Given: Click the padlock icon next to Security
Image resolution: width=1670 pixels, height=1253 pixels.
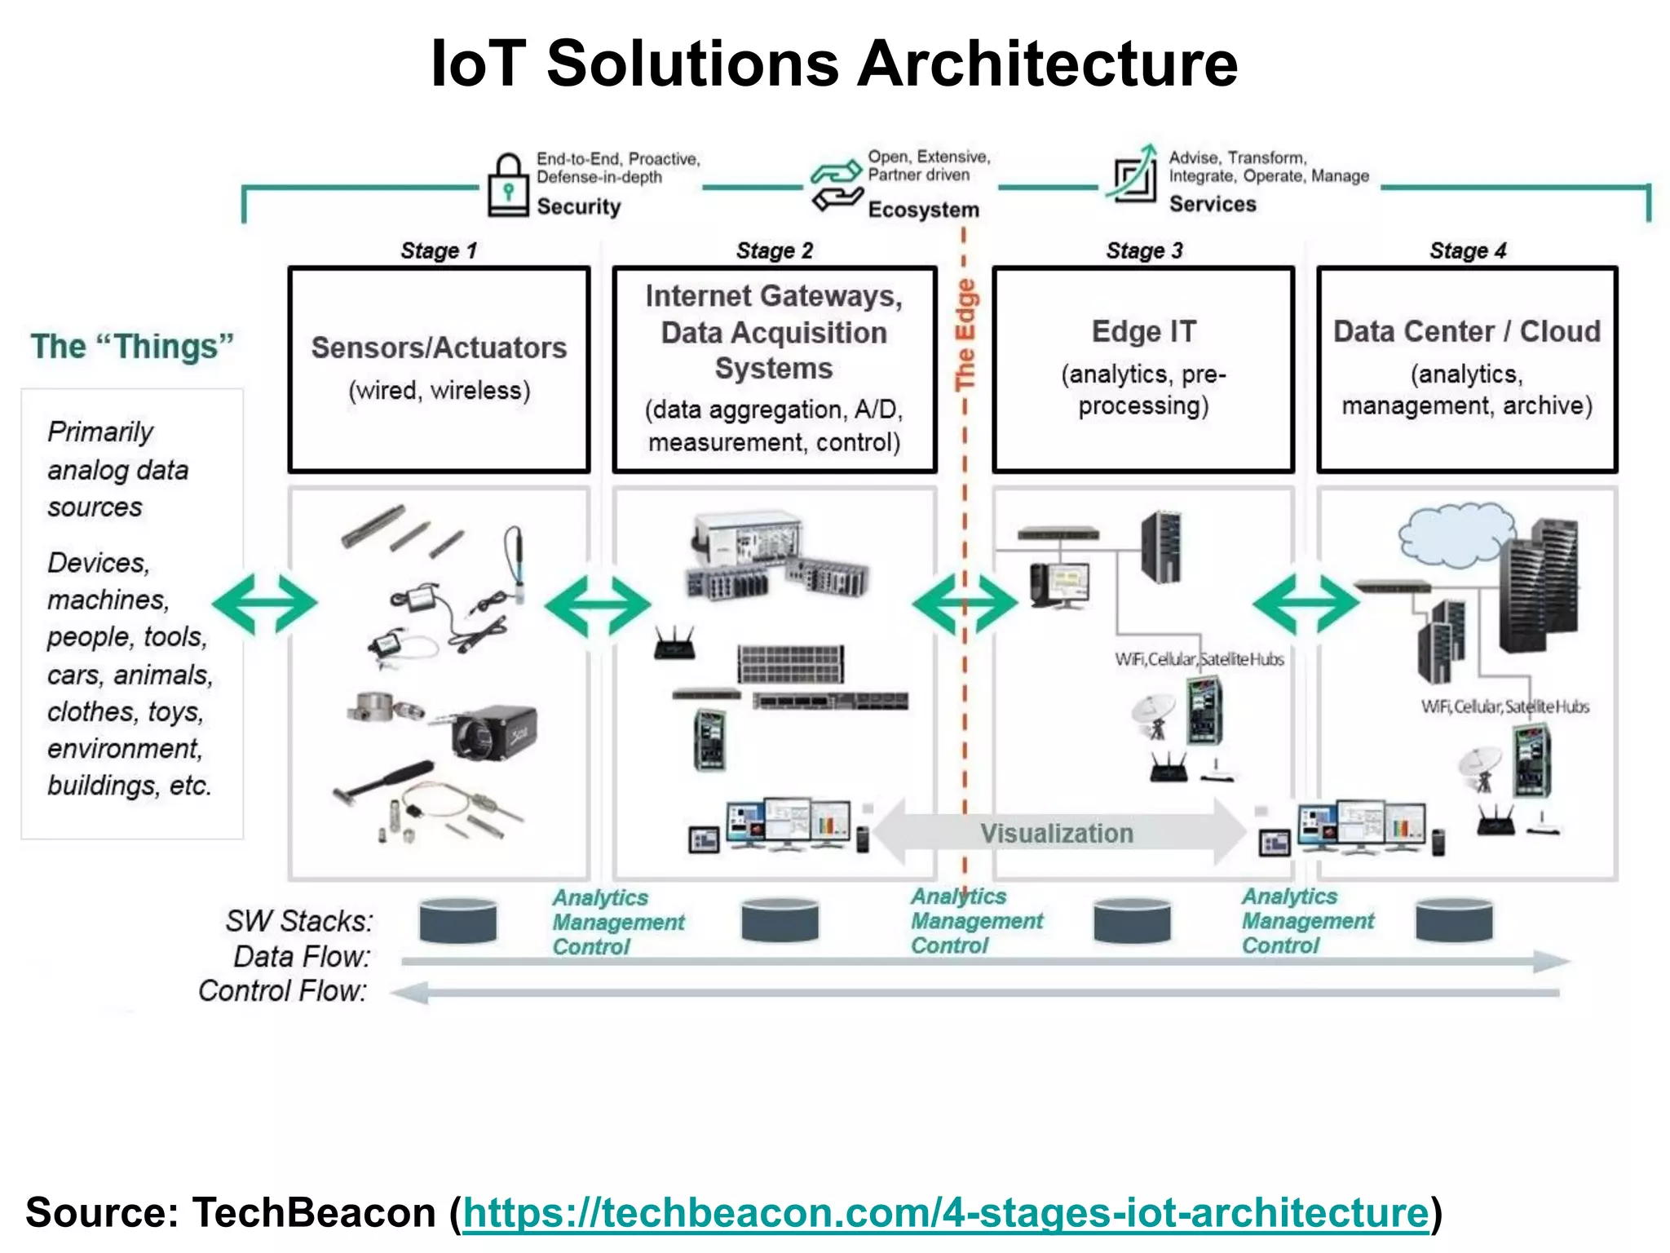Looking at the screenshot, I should coord(508,186).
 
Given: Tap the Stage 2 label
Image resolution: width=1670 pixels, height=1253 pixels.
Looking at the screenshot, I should coord(774,250).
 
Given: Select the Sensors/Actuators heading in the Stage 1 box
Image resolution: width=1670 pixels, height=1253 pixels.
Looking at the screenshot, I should coord(439,348).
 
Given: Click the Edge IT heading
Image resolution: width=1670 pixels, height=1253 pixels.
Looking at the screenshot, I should coord(1143,332).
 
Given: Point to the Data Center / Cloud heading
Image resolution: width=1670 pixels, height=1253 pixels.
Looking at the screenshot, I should coord(1466,332).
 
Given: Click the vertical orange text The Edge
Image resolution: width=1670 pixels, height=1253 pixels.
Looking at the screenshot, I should coord(965,334).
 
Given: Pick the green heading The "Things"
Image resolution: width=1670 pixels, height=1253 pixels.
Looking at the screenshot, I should coord(132,347).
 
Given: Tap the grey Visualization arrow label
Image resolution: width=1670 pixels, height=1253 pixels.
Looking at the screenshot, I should coord(1056,833).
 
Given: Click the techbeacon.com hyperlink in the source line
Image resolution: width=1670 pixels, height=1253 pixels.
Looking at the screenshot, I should coord(946,1212).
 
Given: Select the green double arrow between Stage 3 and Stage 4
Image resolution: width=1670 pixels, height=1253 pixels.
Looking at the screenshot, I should coord(1306,604).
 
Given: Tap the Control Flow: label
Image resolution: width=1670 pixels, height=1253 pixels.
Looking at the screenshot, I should coord(282,991).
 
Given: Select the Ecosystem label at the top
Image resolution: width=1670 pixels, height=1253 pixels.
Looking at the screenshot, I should coord(923,210).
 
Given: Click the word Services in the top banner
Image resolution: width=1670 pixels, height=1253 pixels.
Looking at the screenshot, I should coord(1213,204).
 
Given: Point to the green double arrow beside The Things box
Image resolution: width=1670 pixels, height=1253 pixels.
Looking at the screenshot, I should coord(264,604).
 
